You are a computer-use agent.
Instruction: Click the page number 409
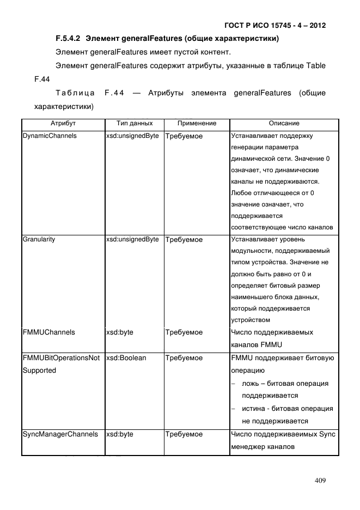pyautogui.click(x=320, y=481)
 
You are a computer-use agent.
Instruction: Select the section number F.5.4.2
pyautogui.click(x=68, y=39)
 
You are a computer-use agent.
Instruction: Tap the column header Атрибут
pyautogui.click(x=63, y=124)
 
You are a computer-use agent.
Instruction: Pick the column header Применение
pyautogui.click(x=197, y=124)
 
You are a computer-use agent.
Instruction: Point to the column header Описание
pyautogui.click(x=284, y=124)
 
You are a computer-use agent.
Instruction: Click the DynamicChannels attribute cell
pyautogui.click(x=50, y=136)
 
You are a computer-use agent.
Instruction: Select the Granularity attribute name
pyautogui.click(x=39, y=239)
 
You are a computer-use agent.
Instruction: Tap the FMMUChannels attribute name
pyautogui.click(x=48, y=332)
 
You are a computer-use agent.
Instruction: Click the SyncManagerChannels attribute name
pyautogui.click(x=60, y=434)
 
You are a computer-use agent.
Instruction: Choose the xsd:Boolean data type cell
pyautogui.click(x=126, y=358)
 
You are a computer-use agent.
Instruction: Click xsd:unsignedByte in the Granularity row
pyautogui.click(x=132, y=239)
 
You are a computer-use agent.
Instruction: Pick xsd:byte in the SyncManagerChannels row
pyautogui.click(x=120, y=434)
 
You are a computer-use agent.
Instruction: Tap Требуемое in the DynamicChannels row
pyautogui.click(x=184, y=136)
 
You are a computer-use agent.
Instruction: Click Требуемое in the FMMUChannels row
pyautogui.click(x=184, y=332)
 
